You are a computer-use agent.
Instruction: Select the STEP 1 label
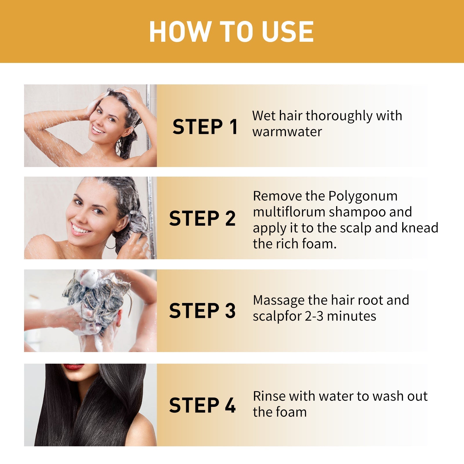click(205, 127)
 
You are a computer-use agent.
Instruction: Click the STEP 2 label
click(202, 218)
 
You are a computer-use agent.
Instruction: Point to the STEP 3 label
click(202, 311)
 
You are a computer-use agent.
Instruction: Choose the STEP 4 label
click(202, 405)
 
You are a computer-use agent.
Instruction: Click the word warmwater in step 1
click(287, 132)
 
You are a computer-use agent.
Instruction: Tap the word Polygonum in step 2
click(363, 196)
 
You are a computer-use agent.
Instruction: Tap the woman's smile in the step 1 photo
click(98, 130)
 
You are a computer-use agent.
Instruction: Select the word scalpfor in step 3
click(277, 316)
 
